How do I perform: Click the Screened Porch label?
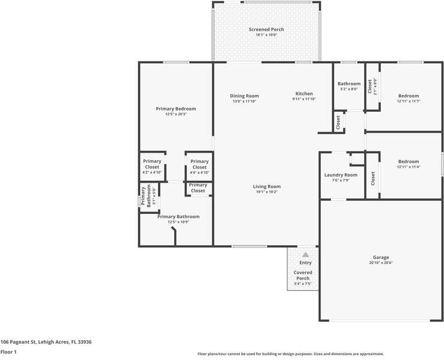(x=266, y=29)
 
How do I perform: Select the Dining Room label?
(x=245, y=96)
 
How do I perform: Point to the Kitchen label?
(x=304, y=94)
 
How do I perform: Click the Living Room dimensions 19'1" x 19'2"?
(x=267, y=192)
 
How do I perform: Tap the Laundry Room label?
(x=341, y=175)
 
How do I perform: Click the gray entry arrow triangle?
(x=305, y=255)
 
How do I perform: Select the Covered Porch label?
(x=303, y=275)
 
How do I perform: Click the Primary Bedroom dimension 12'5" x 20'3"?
(x=176, y=114)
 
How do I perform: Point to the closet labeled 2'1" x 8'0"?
(x=373, y=87)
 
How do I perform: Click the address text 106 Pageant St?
(x=46, y=341)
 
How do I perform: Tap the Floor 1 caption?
(x=8, y=352)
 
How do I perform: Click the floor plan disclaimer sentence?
(x=291, y=354)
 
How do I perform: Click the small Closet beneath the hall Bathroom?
(x=338, y=123)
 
